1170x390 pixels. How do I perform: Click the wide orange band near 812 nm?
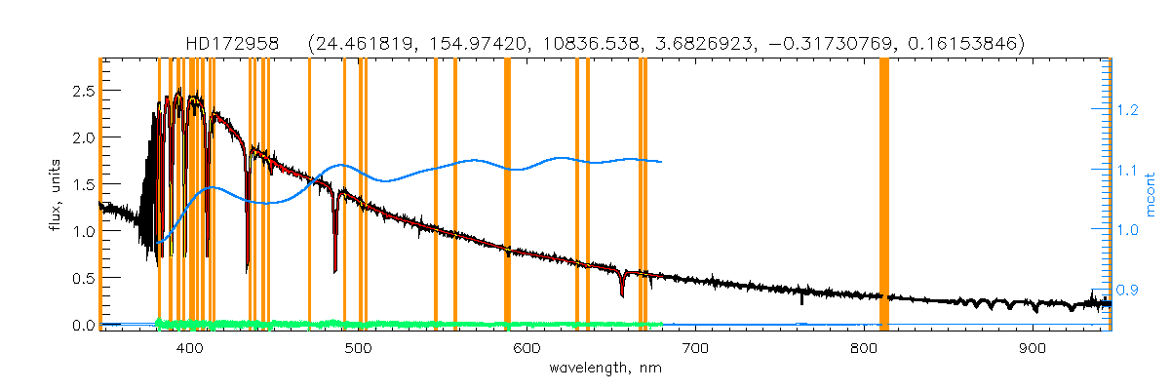[884, 195]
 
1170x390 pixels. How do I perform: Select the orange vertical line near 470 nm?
[309, 195]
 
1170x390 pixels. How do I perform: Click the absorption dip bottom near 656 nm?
[621, 293]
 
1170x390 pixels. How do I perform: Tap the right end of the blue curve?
[662, 162]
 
